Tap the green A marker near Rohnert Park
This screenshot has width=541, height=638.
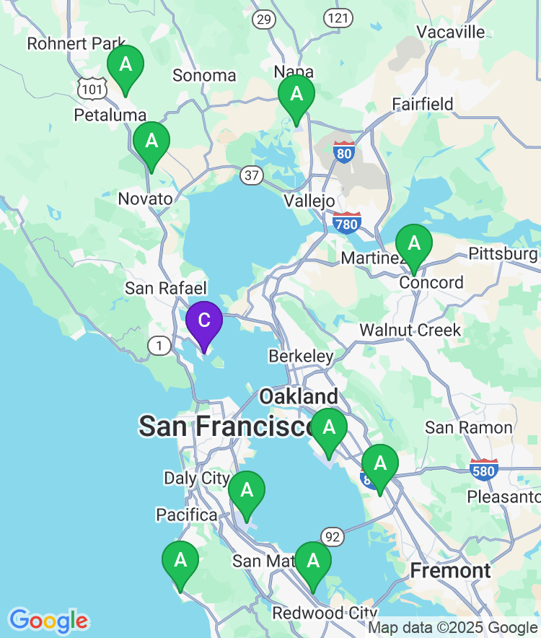[x=126, y=65]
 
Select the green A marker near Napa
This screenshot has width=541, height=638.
[x=296, y=95]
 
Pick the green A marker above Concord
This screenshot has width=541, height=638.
[x=414, y=244]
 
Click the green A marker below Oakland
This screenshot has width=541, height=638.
[x=329, y=428]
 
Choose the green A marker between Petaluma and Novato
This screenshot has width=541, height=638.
[x=151, y=141]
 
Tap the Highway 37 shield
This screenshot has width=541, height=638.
[x=252, y=175]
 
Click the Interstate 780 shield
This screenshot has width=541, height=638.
[x=347, y=224]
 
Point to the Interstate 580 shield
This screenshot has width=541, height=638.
[x=483, y=471]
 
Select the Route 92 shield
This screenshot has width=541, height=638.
[x=333, y=536]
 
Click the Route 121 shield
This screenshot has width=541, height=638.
[x=338, y=17]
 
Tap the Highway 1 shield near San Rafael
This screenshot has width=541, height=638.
[x=159, y=346]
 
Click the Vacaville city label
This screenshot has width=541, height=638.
[x=451, y=32]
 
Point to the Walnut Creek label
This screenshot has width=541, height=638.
[x=410, y=330]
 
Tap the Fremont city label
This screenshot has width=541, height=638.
[x=450, y=571]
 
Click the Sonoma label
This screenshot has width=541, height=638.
[x=204, y=75]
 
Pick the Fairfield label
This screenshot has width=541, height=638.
[x=423, y=104]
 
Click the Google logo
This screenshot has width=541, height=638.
[x=48, y=620]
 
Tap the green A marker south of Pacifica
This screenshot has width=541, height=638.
[x=180, y=561]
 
